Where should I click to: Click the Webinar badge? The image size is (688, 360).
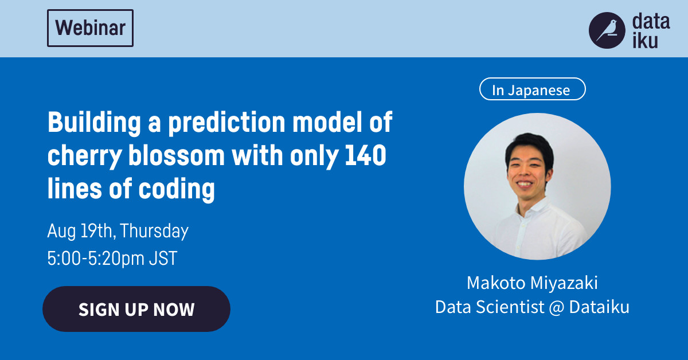(x=91, y=28)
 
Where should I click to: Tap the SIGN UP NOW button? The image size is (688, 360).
(x=136, y=310)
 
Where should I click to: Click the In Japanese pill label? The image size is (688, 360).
(x=532, y=89)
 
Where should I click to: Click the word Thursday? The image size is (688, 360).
(x=154, y=231)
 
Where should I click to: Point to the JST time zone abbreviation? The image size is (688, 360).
(x=163, y=258)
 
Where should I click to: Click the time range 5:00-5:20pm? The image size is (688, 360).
(x=96, y=258)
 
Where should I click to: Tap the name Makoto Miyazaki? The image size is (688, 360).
(x=532, y=283)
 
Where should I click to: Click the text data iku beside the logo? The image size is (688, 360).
(x=650, y=32)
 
